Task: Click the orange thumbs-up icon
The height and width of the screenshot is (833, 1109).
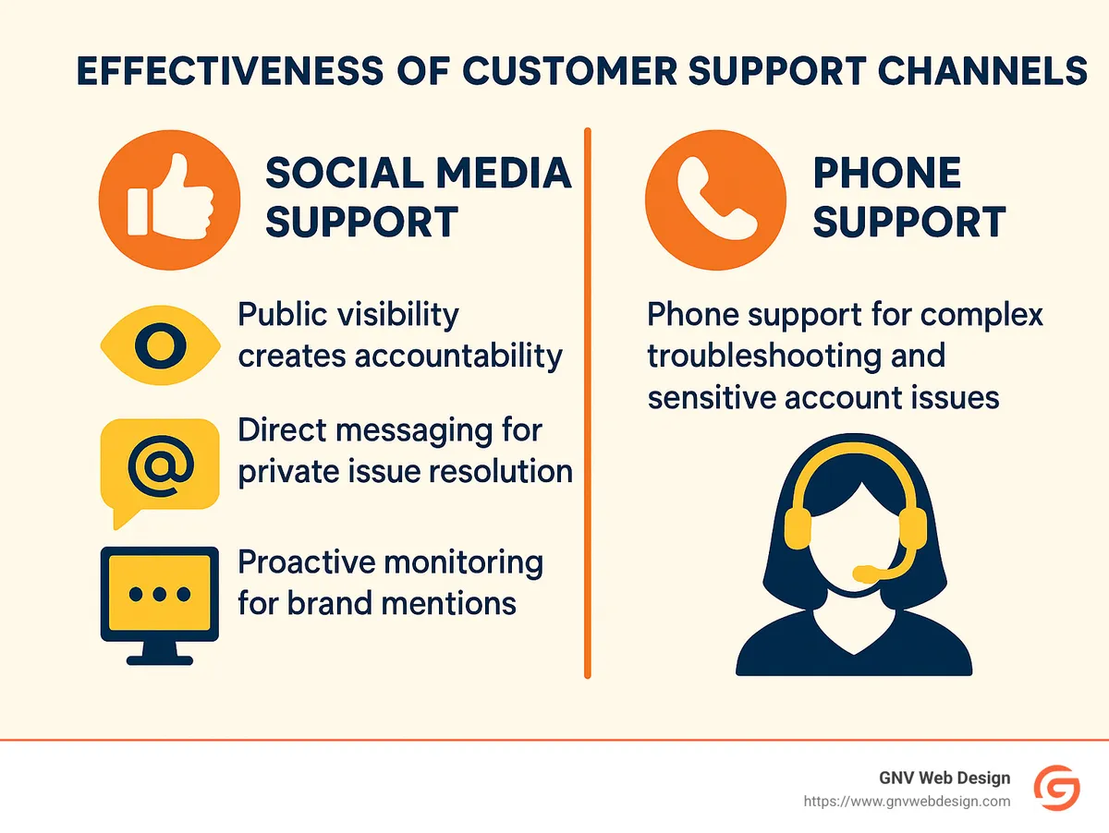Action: [x=168, y=199]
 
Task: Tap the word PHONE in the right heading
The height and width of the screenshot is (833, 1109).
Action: [x=886, y=173]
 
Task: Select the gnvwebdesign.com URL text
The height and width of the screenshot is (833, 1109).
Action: [x=906, y=802]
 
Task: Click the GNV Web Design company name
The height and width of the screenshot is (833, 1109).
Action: [x=944, y=779]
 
